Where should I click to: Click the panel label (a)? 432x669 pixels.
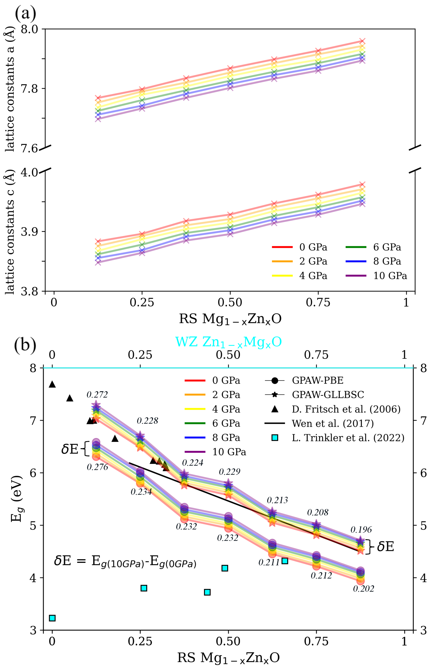click(25, 13)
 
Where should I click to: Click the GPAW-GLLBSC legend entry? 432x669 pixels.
click(314, 394)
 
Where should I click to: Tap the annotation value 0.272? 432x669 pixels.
click(97, 394)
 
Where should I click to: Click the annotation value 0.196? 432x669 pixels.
click(361, 529)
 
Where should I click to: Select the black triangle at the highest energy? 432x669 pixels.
click(52, 384)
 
